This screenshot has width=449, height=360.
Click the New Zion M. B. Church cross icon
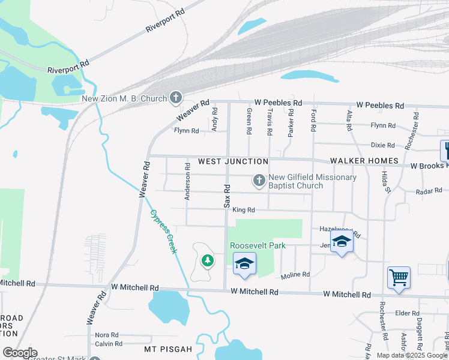(176, 97)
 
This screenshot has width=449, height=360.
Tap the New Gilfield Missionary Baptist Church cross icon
(259, 180)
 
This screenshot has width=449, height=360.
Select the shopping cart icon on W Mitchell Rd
(399, 277)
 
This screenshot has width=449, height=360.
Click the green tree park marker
(207, 260)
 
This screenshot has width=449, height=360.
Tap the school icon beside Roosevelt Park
(244, 263)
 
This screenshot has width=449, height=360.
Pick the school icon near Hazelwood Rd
(342, 241)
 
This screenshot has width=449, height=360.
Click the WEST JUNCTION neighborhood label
(233, 161)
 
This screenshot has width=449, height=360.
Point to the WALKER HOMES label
(364, 161)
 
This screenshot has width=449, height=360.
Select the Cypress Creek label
(163, 231)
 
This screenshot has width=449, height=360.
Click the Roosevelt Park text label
(258, 245)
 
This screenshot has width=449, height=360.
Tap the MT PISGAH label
(167, 349)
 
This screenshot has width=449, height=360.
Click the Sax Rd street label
(228, 196)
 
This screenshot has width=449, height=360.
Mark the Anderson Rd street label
(187, 181)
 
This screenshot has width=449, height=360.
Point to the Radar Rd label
(429, 191)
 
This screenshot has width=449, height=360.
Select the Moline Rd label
(295, 275)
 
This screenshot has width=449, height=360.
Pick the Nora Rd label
(106, 335)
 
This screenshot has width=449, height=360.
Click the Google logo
(20, 353)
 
